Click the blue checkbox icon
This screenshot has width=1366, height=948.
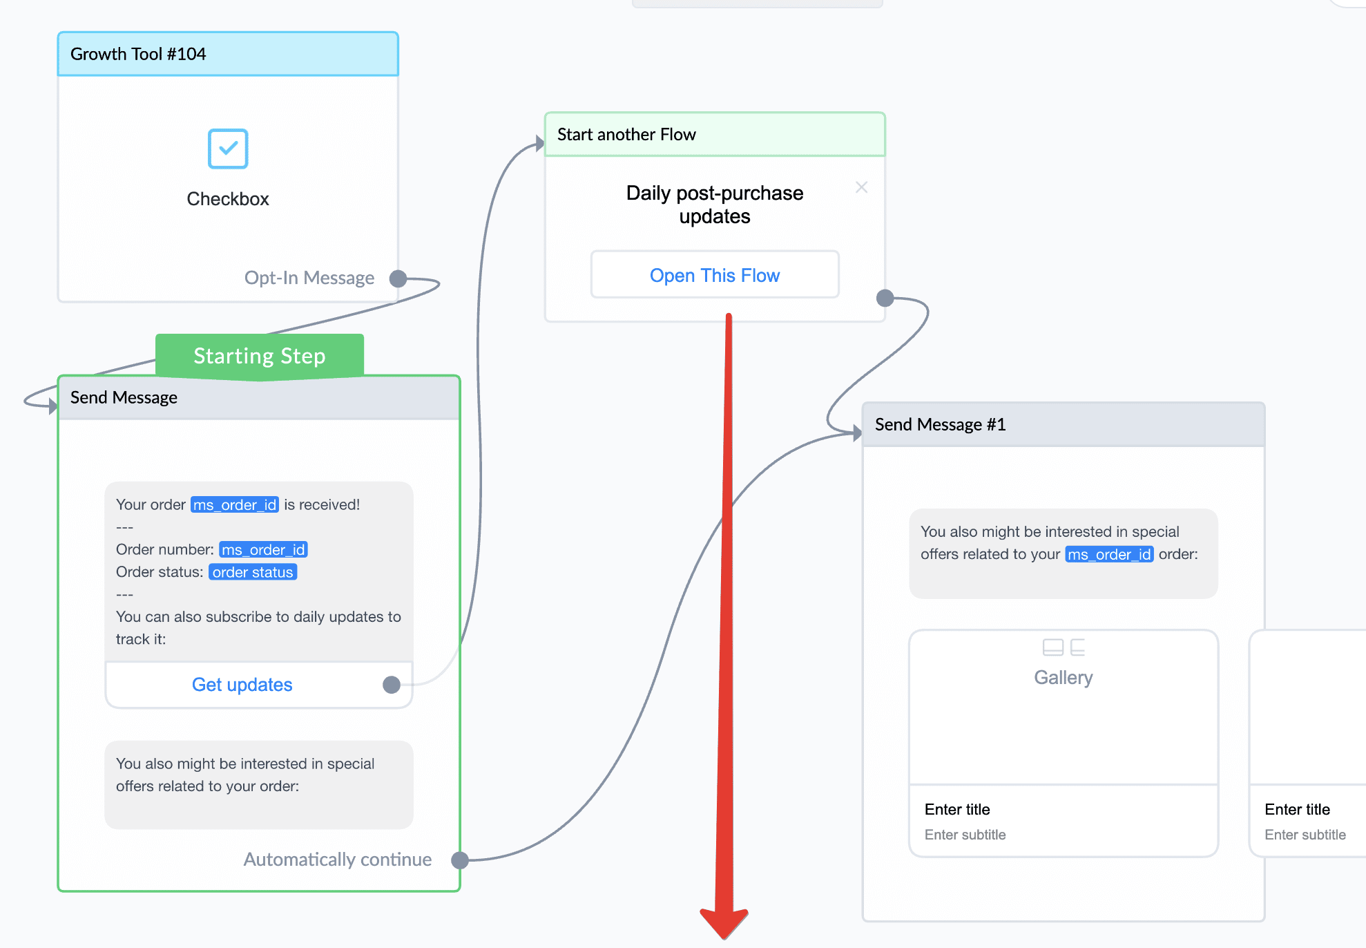click(228, 149)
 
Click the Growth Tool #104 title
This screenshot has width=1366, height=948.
click(138, 54)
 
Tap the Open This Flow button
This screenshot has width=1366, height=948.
click(715, 275)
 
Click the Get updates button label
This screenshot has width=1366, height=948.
click(242, 685)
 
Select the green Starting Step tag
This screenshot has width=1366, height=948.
click(260, 356)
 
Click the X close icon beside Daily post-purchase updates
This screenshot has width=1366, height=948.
click(861, 187)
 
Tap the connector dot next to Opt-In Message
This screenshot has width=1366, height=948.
click(398, 278)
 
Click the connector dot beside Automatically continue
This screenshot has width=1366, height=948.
click(460, 860)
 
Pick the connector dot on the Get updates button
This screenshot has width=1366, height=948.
click(392, 685)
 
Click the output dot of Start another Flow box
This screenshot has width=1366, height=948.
click(885, 298)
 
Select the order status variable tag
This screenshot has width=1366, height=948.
click(253, 572)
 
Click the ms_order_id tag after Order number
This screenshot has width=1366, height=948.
click(263, 549)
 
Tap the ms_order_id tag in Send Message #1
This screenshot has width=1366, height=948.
click(1109, 554)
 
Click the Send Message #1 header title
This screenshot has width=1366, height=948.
click(940, 424)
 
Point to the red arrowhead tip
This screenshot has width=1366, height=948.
click(724, 938)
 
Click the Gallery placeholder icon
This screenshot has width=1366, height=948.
click(1064, 647)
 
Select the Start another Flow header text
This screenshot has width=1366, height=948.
click(626, 134)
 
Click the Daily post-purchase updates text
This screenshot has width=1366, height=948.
click(715, 205)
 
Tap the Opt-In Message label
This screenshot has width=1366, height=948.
click(309, 278)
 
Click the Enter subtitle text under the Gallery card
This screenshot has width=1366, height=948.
click(965, 835)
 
